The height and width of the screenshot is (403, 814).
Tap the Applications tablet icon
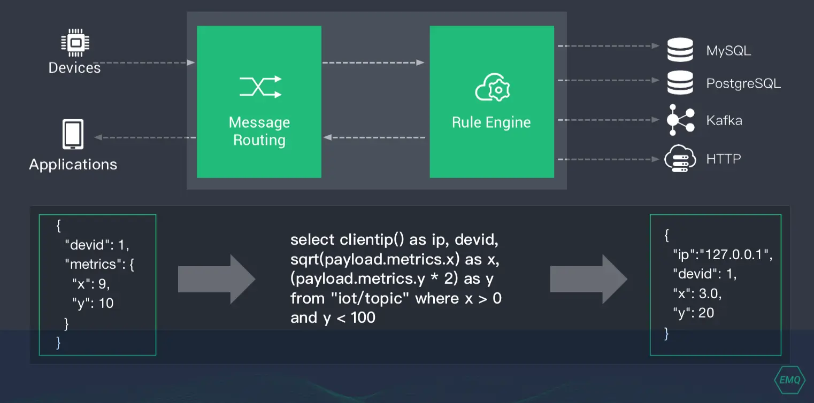pos(73,134)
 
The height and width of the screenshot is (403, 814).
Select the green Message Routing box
pos(259,102)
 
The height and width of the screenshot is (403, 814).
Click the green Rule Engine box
pos(492,102)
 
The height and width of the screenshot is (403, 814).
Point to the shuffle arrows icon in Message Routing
pos(260,87)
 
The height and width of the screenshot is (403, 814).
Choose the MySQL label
pos(728,51)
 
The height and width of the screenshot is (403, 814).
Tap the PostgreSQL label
pos(743,84)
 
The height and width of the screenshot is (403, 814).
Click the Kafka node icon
pos(680,120)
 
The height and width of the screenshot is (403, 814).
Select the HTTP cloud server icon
pos(680,159)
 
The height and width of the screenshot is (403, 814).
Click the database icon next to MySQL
pos(680,50)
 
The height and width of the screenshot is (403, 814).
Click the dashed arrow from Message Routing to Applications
pos(144,137)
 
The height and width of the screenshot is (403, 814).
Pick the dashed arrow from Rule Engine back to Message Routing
pos(374,137)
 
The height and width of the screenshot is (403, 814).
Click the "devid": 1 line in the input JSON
pos(97,245)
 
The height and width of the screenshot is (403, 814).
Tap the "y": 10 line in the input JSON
pos(93,303)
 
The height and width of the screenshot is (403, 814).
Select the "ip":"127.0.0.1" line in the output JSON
pos(723,255)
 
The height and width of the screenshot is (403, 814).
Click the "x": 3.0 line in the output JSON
pos(700,293)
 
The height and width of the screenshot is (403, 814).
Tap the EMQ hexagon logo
pos(789,380)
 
